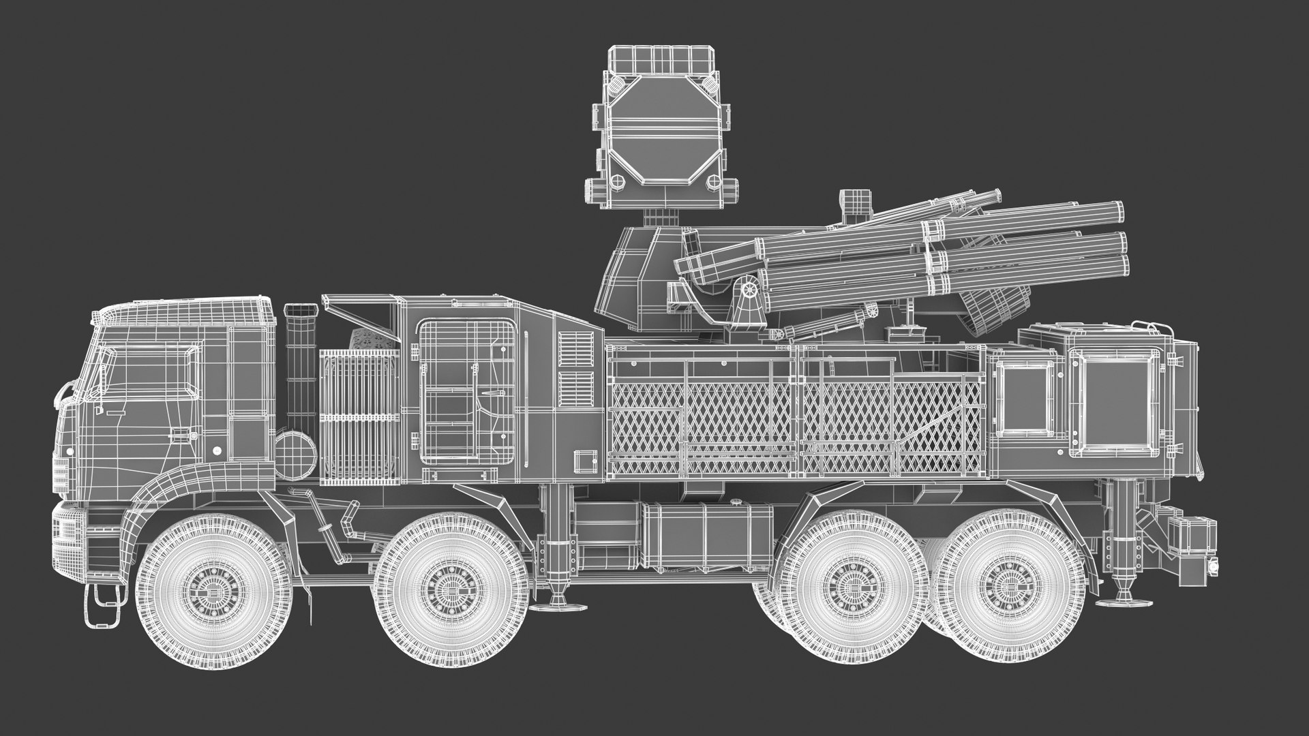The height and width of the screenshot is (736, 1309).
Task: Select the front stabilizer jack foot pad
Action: tap(559, 606)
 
